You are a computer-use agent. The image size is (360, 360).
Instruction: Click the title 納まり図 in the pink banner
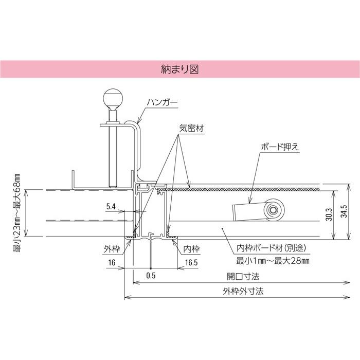180,68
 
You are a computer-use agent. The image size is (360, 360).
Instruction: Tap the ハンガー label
161,103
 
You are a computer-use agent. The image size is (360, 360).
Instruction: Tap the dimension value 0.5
151,276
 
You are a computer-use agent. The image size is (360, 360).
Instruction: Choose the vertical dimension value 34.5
344,213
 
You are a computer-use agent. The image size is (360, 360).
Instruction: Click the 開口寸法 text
243,276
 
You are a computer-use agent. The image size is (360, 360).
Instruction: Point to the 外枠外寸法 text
243,291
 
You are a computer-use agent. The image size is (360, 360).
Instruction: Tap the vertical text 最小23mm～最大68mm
16,212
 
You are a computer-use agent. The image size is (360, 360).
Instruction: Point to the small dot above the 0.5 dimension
150,268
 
